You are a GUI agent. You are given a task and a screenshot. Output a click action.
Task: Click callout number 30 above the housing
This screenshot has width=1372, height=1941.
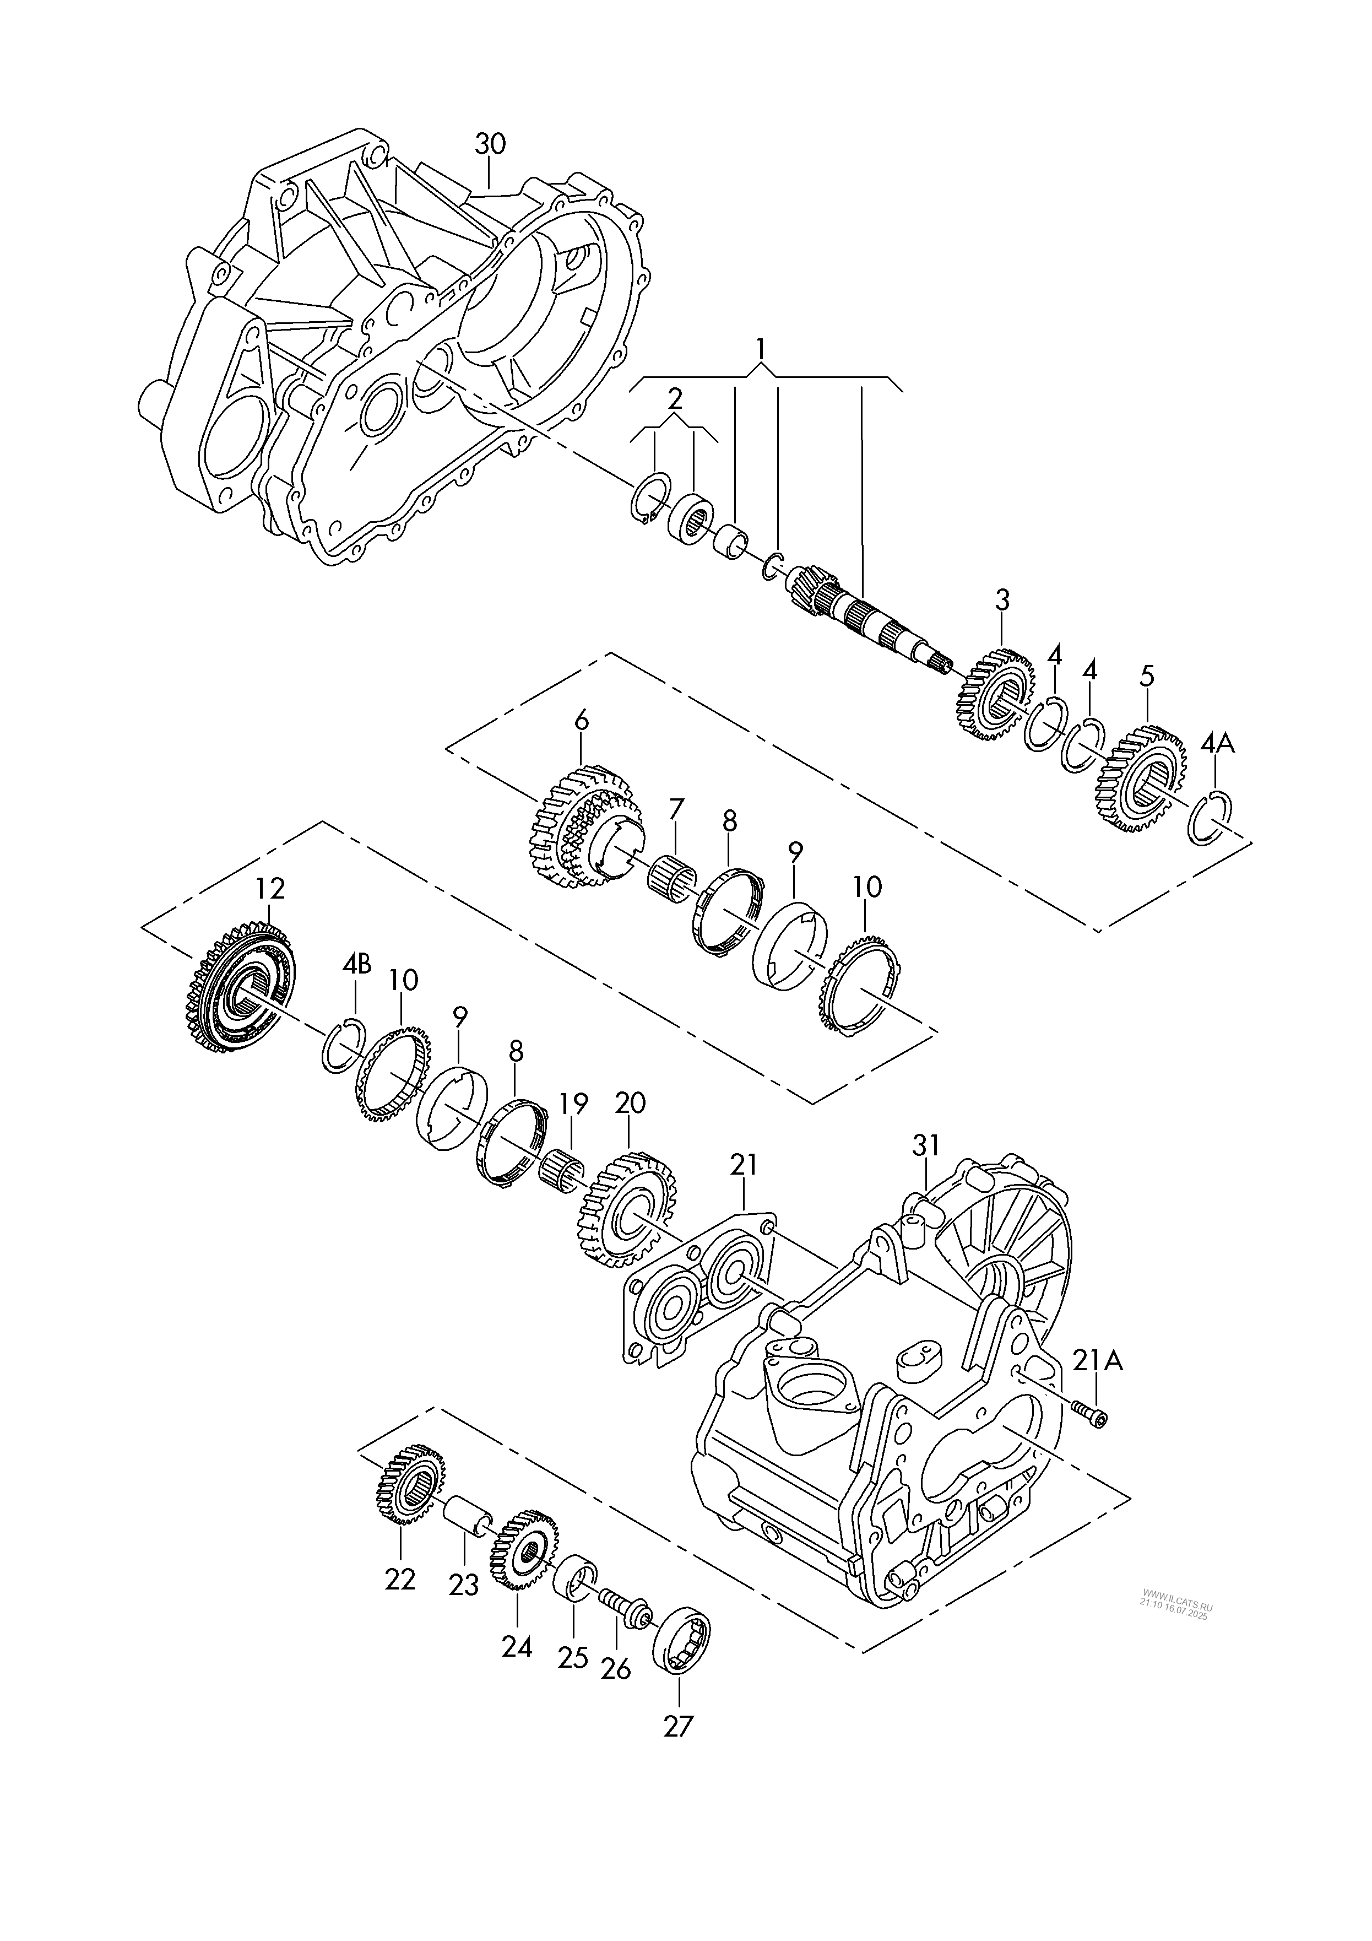(490, 144)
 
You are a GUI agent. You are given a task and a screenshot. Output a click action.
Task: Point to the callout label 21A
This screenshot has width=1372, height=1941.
(1098, 1361)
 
